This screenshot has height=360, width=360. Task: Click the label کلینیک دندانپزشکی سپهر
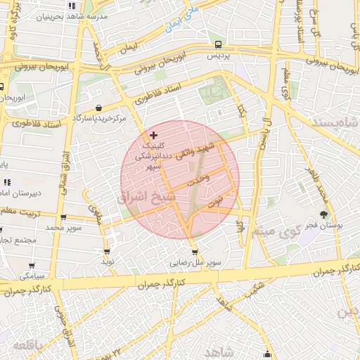[x=157, y=155]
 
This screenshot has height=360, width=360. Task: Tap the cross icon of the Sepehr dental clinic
[x=154, y=134]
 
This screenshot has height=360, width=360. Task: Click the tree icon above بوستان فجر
[x=323, y=214]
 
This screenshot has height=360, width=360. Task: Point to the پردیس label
[x=218, y=54]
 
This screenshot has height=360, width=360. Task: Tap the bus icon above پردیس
[x=218, y=42]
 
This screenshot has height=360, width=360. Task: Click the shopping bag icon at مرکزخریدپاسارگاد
[x=98, y=108]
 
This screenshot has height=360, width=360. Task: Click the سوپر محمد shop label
[x=64, y=228]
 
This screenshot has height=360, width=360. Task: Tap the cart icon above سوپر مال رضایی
[x=195, y=252]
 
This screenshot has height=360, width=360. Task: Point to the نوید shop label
[x=108, y=261]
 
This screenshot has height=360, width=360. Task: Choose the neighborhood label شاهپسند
[x=341, y=124]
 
